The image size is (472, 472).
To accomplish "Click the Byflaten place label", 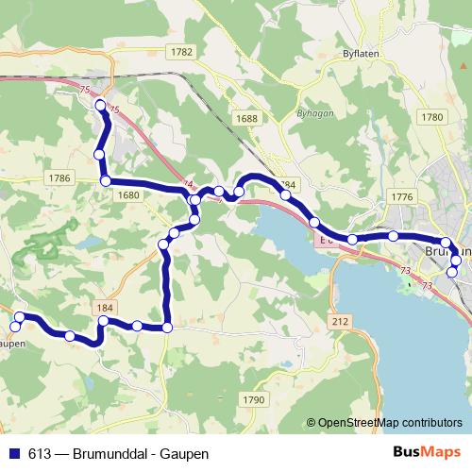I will (x=362, y=55).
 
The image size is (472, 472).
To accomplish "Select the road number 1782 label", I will (x=183, y=52).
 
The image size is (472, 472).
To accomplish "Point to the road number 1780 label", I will (x=433, y=116).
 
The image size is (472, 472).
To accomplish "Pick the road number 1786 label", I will (x=59, y=177).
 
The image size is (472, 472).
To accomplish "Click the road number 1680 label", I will (x=129, y=194).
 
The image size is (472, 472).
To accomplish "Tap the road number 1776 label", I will (x=401, y=195).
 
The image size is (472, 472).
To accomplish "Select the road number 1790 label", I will (x=253, y=400).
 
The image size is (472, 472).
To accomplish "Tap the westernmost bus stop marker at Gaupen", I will (x=14, y=327).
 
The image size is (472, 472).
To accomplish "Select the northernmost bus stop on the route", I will (x=100, y=106).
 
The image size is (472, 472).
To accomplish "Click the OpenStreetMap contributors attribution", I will (x=389, y=422).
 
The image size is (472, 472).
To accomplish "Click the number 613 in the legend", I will (x=38, y=453).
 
